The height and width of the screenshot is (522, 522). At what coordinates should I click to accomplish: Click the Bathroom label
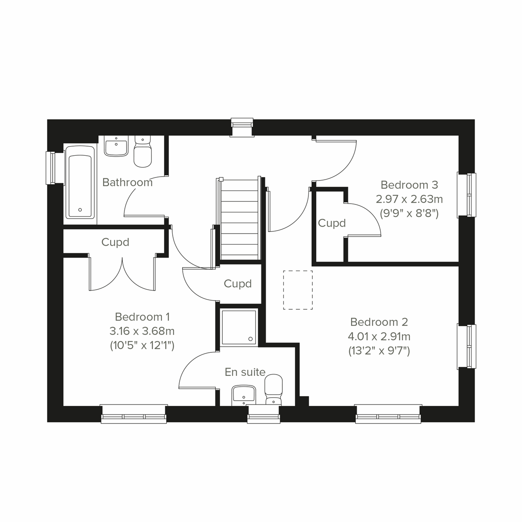(127, 182)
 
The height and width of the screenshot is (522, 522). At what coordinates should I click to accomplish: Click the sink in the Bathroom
(116, 146)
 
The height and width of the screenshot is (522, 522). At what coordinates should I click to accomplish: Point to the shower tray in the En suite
(239, 327)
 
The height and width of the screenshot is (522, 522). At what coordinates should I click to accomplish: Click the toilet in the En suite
(273, 390)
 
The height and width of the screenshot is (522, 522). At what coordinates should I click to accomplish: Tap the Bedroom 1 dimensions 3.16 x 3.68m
(142, 331)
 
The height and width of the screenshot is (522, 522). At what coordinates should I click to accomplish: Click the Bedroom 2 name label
(379, 322)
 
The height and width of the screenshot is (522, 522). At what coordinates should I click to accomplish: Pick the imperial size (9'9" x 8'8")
(409, 214)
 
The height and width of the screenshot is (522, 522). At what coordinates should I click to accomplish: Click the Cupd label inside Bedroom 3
(331, 223)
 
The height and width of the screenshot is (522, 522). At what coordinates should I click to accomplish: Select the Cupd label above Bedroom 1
(115, 242)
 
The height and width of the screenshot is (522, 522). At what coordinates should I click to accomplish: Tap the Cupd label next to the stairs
(238, 284)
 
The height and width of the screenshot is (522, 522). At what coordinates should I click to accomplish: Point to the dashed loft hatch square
(298, 290)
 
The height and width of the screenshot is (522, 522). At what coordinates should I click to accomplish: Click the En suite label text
(245, 372)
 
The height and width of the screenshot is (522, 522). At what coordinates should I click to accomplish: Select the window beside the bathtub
(51, 168)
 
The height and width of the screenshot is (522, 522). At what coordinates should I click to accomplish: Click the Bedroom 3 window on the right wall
(466, 194)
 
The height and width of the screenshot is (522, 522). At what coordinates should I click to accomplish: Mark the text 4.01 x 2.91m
(379, 336)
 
